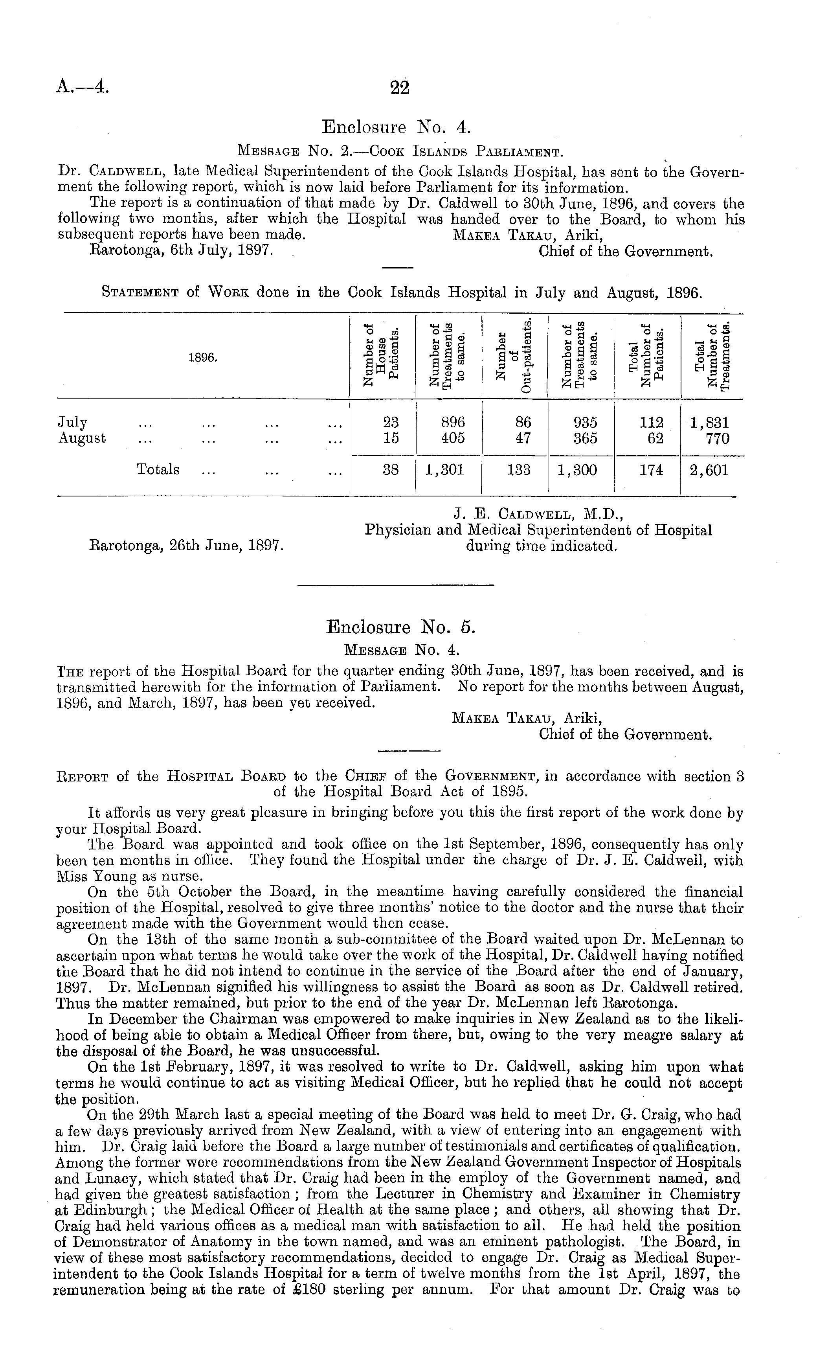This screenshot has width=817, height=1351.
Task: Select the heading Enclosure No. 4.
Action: tap(396, 128)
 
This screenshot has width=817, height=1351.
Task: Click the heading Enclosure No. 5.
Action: tap(401, 626)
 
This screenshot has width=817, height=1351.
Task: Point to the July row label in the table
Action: tap(72, 423)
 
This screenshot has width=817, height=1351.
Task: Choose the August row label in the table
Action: tap(82, 439)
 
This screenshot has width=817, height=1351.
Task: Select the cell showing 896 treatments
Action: tap(453, 423)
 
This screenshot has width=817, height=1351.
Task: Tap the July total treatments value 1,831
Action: tap(710, 423)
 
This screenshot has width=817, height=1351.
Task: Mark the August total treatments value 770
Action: tap(718, 439)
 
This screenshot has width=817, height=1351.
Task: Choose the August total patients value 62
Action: tap(655, 439)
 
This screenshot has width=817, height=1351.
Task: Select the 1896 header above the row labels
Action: tap(203, 358)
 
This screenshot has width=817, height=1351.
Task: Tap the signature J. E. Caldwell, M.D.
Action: tap(538, 514)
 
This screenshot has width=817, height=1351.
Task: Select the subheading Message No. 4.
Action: tap(401, 650)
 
